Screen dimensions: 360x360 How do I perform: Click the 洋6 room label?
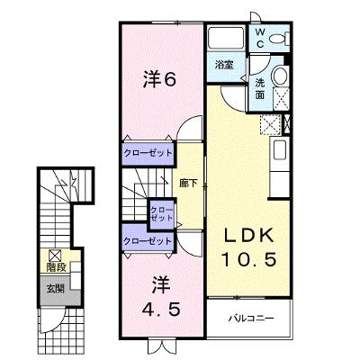(x=159, y=80)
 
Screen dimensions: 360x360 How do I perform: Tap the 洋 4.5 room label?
(x=161, y=296)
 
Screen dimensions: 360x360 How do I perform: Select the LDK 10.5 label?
(x=248, y=247)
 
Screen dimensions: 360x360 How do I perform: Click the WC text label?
(x=260, y=38)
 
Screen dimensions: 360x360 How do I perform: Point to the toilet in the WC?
(x=279, y=39)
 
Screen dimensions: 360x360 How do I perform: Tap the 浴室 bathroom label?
(x=224, y=65)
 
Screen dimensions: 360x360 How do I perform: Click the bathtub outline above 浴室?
(x=226, y=38)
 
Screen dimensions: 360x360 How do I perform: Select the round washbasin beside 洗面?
(x=281, y=76)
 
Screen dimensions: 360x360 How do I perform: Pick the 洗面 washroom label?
(x=260, y=89)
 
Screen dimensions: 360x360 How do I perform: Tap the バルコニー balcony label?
(x=251, y=318)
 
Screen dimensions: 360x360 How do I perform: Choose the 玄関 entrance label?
(x=56, y=289)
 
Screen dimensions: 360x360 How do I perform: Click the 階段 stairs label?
(x=56, y=267)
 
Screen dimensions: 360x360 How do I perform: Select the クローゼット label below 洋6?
(x=148, y=153)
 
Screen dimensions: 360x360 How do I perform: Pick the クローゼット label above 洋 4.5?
(x=148, y=241)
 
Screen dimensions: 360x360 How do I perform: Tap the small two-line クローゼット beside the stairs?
(x=162, y=214)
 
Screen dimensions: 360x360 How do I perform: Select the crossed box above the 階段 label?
(x=55, y=256)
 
